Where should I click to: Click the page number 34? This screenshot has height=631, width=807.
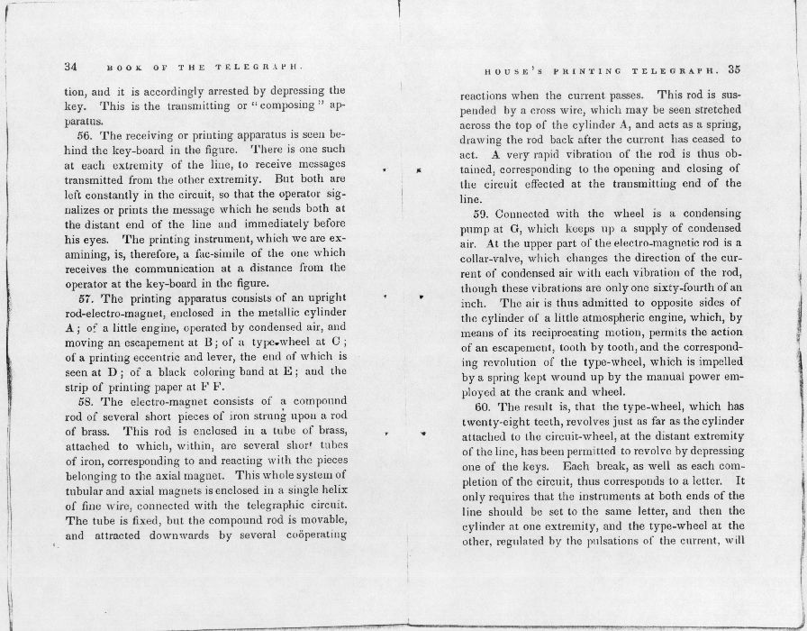(72, 67)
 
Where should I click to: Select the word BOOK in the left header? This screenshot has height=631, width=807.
(122, 68)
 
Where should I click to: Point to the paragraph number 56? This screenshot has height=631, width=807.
(86, 135)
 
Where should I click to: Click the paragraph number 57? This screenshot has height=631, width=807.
(86, 298)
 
